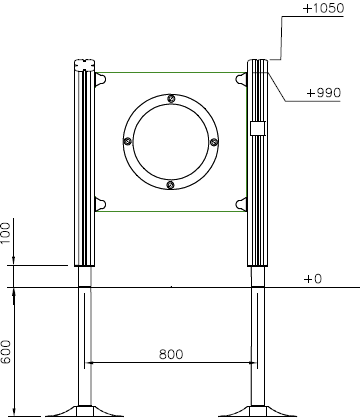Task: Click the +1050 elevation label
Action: (x=323, y=8)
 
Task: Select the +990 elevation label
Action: (x=324, y=93)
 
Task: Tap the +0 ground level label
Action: (x=313, y=279)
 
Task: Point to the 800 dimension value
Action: (x=171, y=354)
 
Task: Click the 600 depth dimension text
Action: (x=6, y=352)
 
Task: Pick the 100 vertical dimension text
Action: (x=6, y=233)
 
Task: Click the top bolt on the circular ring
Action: (x=171, y=99)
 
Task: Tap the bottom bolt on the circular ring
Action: (x=171, y=185)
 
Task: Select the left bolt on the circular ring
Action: (x=127, y=141)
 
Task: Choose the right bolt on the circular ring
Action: (x=214, y=142)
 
